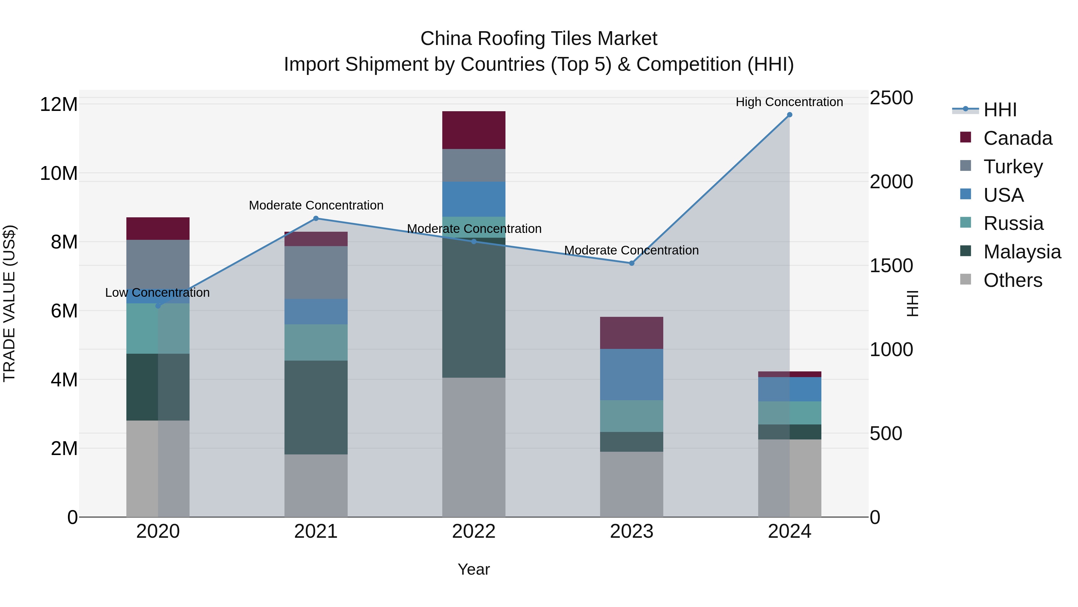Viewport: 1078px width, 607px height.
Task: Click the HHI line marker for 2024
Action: [789, 115]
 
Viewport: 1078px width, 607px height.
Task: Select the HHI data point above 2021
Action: [316, 218]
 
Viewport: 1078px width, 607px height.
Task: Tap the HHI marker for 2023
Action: [632, 263]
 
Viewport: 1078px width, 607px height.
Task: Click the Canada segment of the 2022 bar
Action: [474, 130]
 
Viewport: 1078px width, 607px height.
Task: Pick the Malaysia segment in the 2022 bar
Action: [474, 308]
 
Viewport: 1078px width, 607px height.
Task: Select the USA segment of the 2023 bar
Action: [632, 374]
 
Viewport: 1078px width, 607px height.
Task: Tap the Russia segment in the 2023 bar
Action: [632, 416]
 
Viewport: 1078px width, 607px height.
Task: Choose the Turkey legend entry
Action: [1013, 167]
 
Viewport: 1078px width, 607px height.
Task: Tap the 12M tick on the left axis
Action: [59, 104]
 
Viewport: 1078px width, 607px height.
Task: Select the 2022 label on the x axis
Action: [474, 531]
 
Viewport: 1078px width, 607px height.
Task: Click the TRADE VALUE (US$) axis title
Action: [9, 303]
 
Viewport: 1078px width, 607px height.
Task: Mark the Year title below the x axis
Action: [474, 569]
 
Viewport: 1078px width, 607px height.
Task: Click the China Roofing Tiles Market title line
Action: [539, 39]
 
